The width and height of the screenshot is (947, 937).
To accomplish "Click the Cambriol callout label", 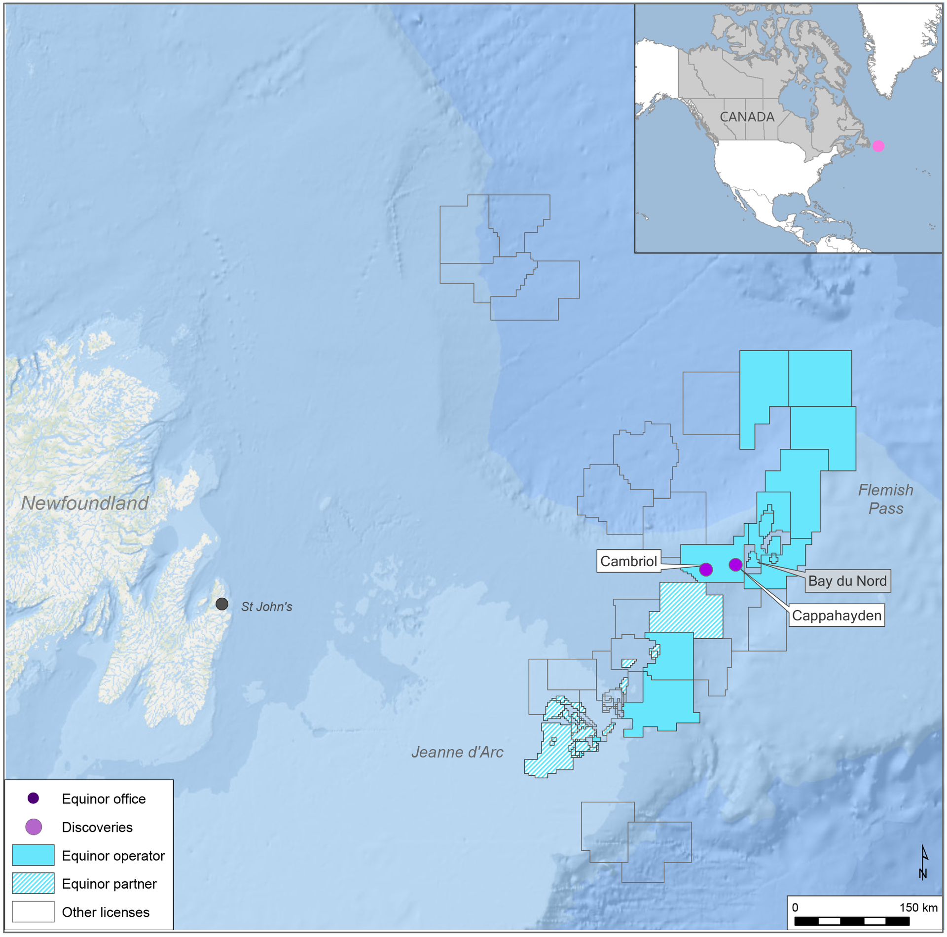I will coord(628,561).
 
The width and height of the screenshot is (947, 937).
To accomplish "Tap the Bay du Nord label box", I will coord(847,581).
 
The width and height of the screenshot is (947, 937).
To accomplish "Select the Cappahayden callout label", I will coord(836,615).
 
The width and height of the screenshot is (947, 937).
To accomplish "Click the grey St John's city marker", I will coord(222,604).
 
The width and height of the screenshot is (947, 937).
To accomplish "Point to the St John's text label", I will coord(266,607).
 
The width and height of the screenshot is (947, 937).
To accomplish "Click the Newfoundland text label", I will coord(85,503).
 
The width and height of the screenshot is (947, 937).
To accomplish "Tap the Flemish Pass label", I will coord(885,499).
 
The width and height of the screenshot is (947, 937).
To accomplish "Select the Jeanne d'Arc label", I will coord(457,752).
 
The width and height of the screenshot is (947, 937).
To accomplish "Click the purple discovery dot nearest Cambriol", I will coord(706,569).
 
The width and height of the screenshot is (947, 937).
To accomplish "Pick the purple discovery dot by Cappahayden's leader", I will coord(735,564).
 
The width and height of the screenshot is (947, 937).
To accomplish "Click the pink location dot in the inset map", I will coord(878,146).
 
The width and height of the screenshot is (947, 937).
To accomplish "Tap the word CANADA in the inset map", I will coord(747,117).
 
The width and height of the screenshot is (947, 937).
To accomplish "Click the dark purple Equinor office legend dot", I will coord(33,798).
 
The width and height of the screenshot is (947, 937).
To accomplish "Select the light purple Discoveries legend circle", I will coord(34,827).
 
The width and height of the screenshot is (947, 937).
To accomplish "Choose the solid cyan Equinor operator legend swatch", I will coord(33,855).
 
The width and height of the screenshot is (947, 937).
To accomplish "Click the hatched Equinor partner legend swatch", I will coord(33,883).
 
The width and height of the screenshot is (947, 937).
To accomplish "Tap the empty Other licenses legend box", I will coord(33,912).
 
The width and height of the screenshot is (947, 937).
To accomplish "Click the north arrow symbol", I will coord(924,863).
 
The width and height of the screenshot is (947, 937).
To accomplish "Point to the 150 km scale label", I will coord(918,908).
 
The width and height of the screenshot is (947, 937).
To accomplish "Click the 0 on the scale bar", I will coord(795,908).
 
